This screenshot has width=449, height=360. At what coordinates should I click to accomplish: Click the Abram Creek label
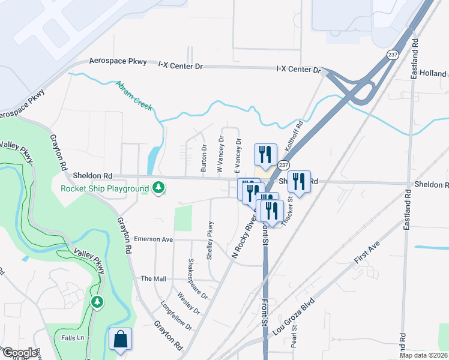(x=135, y=95)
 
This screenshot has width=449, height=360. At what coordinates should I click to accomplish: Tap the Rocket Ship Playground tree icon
(x=158, y=188)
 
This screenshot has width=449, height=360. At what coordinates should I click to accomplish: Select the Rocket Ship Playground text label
(x=104, y=188)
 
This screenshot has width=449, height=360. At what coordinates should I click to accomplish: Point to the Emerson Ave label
(x=153, y=239)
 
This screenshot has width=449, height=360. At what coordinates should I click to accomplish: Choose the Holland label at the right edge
(x=433, y=73)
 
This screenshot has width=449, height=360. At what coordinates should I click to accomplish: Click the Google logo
(x=19, y=352)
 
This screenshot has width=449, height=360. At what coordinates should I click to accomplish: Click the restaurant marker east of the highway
(x=298, y=181)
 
